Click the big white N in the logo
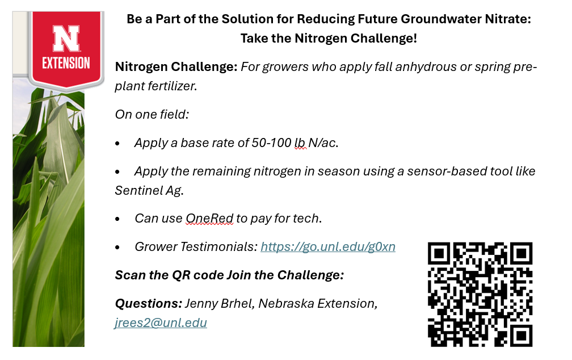pyautogui.click(x=66, y=39)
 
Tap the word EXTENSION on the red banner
pyautogui.click(x=66, y=63)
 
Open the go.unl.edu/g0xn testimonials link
pyautogui.click(x=328, y=247)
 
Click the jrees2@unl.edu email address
pyautogui.click(x=161, y=323)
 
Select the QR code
pyautogui.click(x=480, y=294)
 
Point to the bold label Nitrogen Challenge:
pyautogui.click(x=176, y=67)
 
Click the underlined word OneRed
pyautogui.click(x=209, y=219)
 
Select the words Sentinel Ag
pyautogui.click(x=149, y=190)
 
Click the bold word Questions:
pyautogui.click(x=149, y=304)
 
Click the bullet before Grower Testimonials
pyautogui.click(x=117, y=247)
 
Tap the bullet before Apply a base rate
pyautogui.click(x=117, y=144)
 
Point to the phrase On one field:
pyautogui.click(x=152, y=115)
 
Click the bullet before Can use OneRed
pyautogui.click(x=117, y=219)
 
